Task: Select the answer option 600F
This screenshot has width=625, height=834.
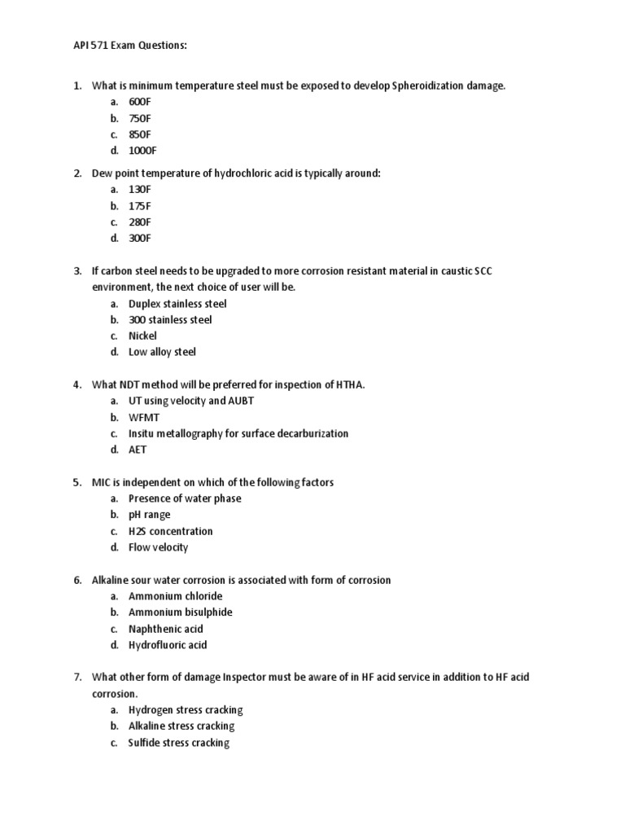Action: (x=139, y=102)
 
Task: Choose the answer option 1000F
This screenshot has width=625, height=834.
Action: (x=142, y=151)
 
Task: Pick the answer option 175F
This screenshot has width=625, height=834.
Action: (x=139, y=206)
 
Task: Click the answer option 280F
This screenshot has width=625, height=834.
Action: (x=139, y=222)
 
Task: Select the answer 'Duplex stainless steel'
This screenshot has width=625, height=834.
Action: (x=177, y=304)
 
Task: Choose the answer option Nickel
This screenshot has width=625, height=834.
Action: (x=142, y=336)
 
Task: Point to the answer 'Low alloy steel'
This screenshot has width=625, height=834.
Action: (x=162, y=352)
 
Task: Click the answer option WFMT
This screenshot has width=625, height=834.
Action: (x=144, y=417)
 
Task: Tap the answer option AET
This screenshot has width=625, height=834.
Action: (x=138, y=450)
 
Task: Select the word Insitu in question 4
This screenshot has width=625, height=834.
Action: (x=142, y=433)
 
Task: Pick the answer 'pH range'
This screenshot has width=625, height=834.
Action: (x=151, y=515)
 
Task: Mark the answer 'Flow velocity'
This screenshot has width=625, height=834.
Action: (x=158, y=547)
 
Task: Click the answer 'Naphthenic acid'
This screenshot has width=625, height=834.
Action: (x=165, y=629)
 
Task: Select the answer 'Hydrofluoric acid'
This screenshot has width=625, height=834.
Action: (x=168, y=645)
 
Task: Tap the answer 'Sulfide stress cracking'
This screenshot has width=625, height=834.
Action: (x=178, y=743)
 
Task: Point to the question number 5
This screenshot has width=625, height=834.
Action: (x=77, y=482)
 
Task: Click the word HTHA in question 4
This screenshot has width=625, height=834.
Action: (x=350, y=384)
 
